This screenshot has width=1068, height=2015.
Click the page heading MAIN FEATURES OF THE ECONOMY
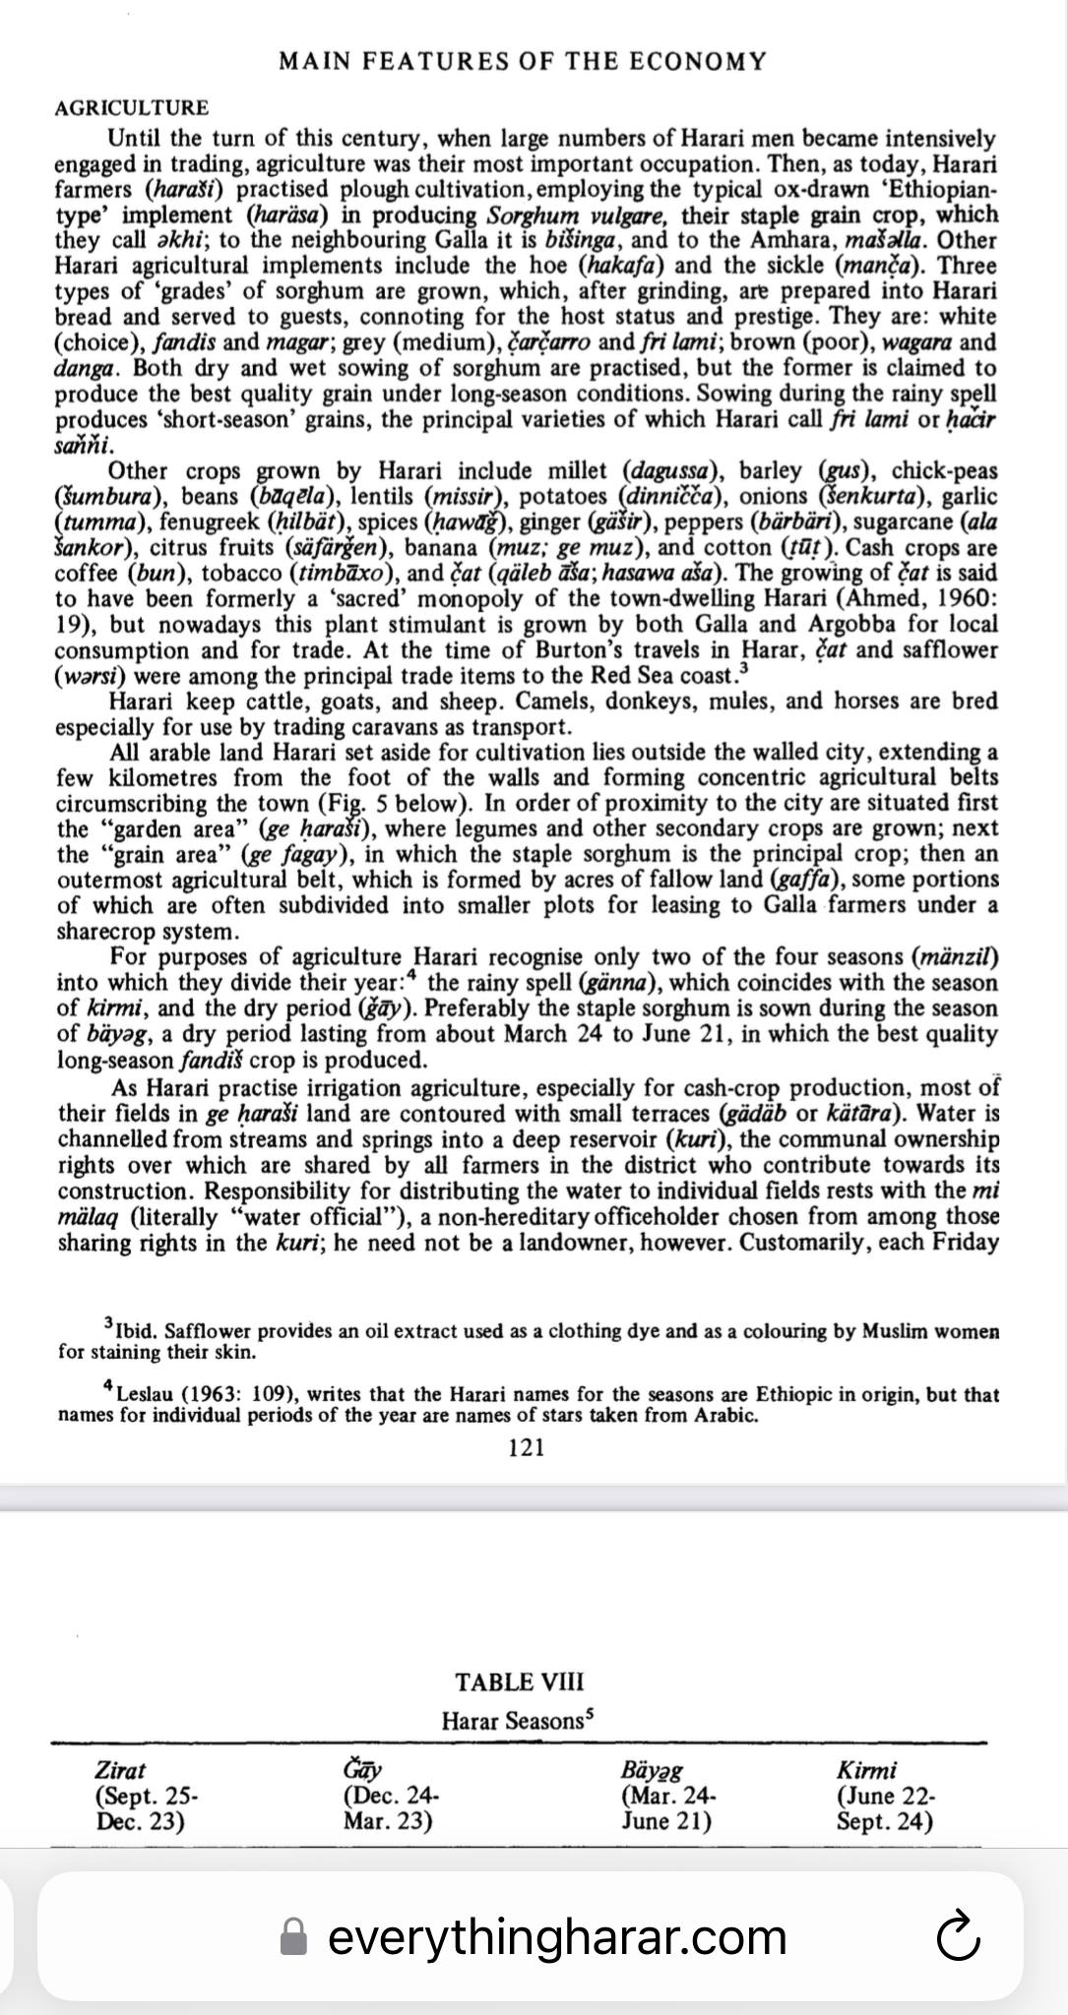click(x=522, y=62)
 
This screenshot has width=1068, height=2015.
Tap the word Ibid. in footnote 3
click(x=137, y=1332)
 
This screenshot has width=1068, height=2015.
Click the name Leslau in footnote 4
click(x=146, y=1395)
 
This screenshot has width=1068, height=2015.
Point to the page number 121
click(x=527, y=1447)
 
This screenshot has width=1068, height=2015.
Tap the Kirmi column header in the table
click(x=866, y=1771)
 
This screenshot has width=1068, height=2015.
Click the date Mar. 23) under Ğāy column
click(x=388, y=1820)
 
